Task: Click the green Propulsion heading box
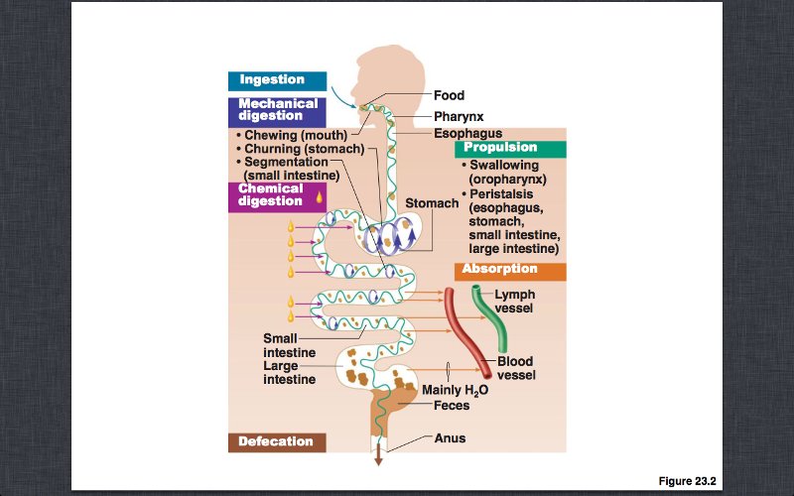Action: [x=510, y=148]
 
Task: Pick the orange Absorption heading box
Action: [x=511, y=270]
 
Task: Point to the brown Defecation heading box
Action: [x=276, y=441]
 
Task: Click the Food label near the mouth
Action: [x=450, y=96]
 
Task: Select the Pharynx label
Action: [x=457, y=116]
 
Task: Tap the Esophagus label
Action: [x=467, y=133]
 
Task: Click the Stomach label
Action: [x=432, y=203]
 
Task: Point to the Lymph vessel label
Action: [x=515, y=302]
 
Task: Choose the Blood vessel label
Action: [x=517, y=369]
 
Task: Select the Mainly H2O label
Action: [x=456, y=390]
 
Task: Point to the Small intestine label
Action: [x=289, y=345]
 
